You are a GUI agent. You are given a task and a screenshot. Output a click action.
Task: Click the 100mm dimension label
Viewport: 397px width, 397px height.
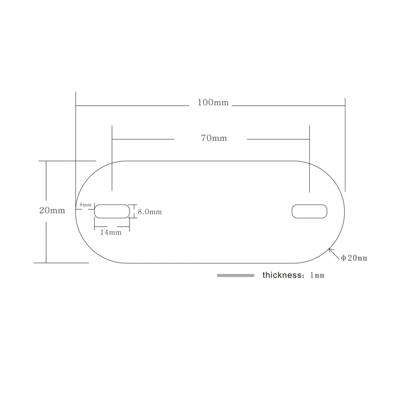tap(213, 103)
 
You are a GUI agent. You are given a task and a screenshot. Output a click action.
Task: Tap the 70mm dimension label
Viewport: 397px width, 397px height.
tap(214, 138)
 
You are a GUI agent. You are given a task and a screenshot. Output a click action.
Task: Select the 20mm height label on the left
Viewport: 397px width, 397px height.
tap(52, 210)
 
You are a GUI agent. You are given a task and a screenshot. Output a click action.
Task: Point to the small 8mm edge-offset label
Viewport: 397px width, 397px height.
tap(85, 204)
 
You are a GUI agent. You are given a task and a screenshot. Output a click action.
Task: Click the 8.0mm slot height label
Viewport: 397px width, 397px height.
tap(150, 212)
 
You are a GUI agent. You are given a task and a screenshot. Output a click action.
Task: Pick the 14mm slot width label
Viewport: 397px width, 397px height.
tap(111, 232)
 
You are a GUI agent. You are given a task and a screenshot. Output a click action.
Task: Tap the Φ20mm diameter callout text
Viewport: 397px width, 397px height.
tap(354, 258)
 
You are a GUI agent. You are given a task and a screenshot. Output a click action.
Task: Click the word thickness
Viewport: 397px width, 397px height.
tap(282, 275)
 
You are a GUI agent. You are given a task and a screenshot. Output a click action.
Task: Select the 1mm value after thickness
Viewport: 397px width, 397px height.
tap(317, 275)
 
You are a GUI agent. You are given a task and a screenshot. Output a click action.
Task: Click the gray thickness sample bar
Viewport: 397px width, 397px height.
tap(235, 275)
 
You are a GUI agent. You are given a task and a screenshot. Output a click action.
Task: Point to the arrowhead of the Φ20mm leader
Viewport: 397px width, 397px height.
tap(329, 249)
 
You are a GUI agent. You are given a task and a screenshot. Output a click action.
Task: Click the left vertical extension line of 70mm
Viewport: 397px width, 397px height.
tap(112, 158)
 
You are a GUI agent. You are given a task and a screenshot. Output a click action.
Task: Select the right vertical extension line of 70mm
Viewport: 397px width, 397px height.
tap(309, 159)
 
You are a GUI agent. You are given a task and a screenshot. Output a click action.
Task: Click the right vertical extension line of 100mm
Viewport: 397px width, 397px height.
tap(345, 145)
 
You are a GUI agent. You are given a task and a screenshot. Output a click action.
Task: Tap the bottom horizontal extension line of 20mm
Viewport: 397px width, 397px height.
tap(61, 263)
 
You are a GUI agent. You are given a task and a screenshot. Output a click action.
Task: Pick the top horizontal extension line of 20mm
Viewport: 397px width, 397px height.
tap(67, 161)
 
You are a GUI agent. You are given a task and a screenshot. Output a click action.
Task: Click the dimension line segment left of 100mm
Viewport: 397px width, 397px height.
tap(132, 106)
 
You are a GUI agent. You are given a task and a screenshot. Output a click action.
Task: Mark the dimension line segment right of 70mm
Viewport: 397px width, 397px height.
tap(278, 139)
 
